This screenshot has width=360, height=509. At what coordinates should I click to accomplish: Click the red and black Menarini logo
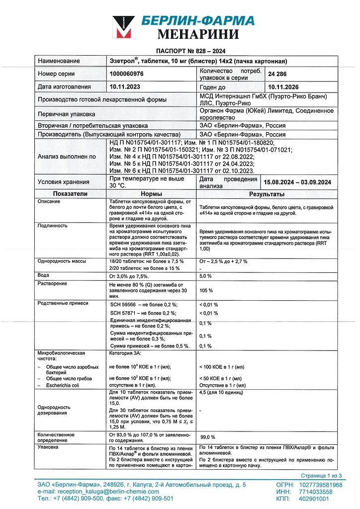[x=123, y=27]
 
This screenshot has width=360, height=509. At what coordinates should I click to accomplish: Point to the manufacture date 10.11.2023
[x=126, y=86]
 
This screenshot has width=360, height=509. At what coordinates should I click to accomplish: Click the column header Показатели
[x=71, y=193]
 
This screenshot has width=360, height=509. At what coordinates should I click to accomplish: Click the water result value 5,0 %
[x=205, y=275]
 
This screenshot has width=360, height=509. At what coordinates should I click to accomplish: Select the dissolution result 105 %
[x=206, y=290]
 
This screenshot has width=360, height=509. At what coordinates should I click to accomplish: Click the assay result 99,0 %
[x=207, y=436]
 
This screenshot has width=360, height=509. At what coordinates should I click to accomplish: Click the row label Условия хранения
[x=64, y=182]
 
